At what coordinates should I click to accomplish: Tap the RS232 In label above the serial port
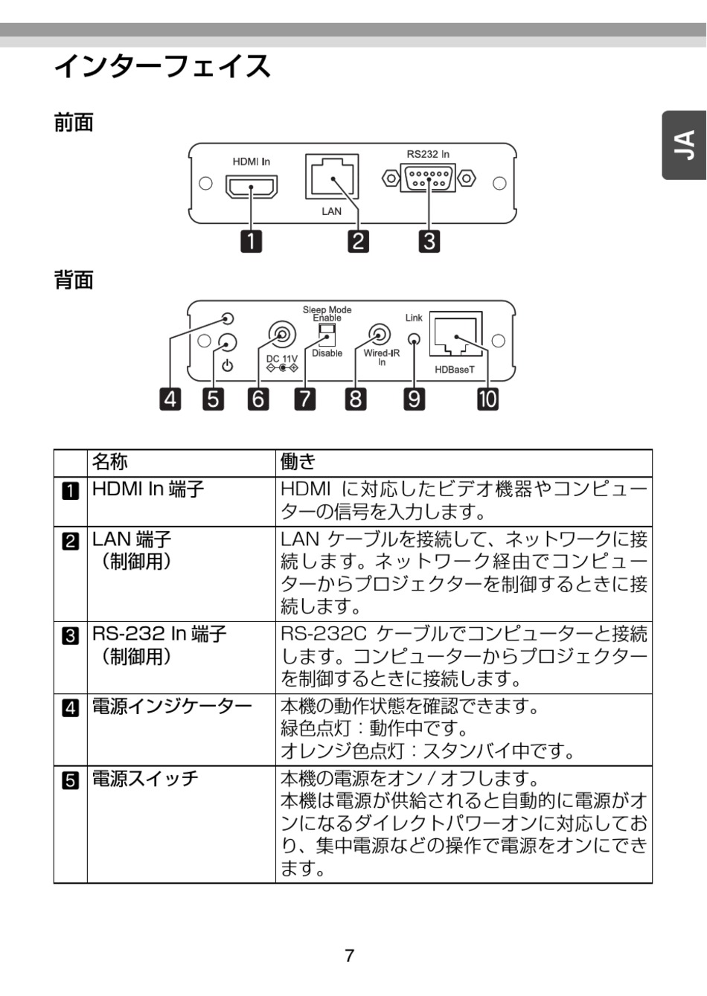428,154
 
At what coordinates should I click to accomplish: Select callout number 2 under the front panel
359,241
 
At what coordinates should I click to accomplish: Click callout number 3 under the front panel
429,241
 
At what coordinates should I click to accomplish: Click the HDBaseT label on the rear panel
455,370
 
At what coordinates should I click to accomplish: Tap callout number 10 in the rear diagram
487,399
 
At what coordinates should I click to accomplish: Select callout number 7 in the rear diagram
304,399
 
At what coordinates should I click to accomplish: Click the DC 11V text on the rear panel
282,359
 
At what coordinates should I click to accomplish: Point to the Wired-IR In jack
380,335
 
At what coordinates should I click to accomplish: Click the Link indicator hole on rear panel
415,340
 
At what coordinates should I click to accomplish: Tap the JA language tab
685,146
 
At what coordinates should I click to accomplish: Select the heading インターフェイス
162,67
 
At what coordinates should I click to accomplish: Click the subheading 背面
74,280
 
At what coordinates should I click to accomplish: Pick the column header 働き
298,463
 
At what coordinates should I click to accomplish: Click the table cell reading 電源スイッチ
145,779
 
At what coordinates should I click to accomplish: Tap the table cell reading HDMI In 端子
148,489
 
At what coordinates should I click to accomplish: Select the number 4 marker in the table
70,707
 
